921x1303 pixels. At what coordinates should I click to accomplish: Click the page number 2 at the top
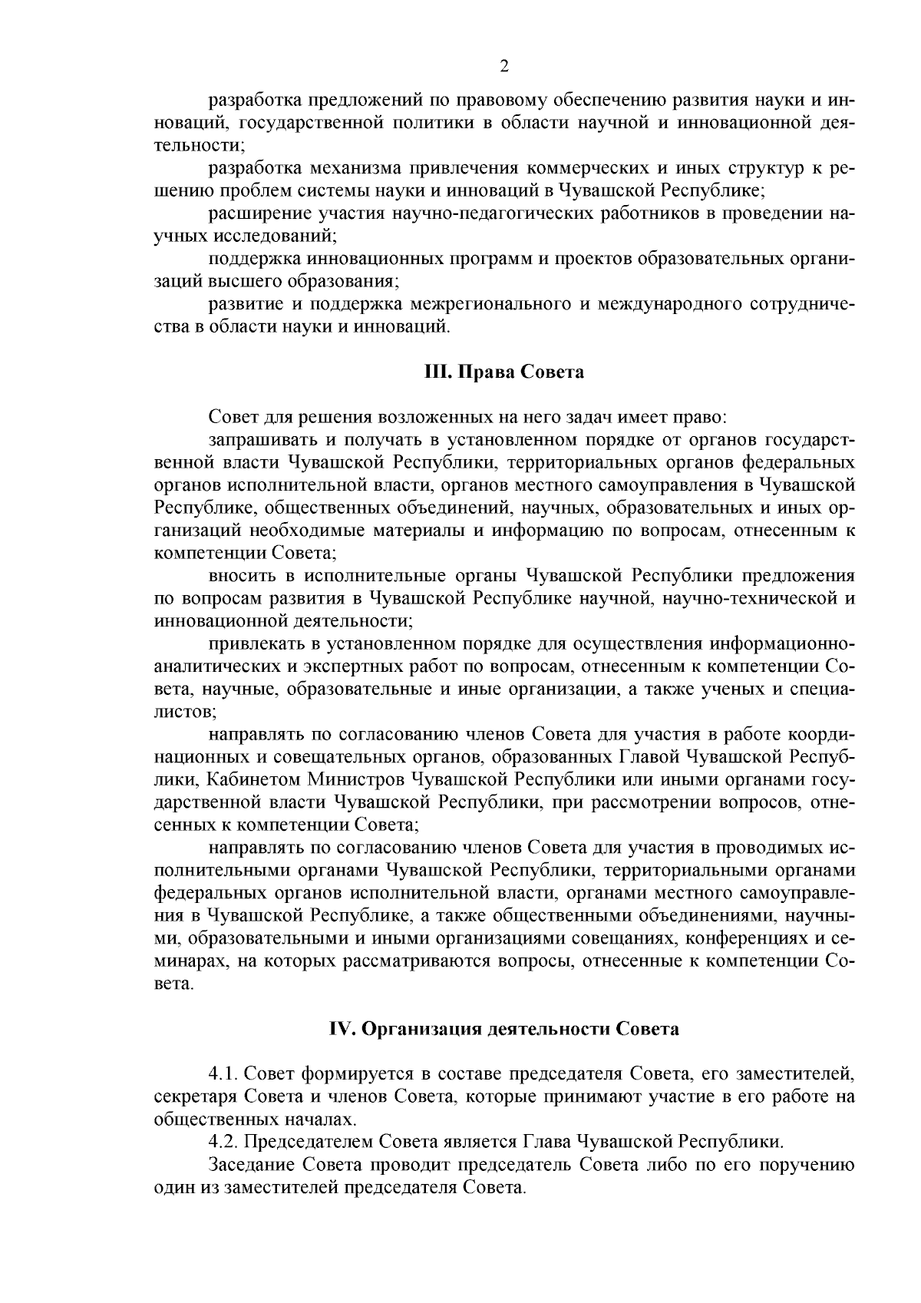pos(504,66)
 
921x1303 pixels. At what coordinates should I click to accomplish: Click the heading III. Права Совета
pos(503,372)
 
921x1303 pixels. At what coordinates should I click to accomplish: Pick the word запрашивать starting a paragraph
pos(256,441)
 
